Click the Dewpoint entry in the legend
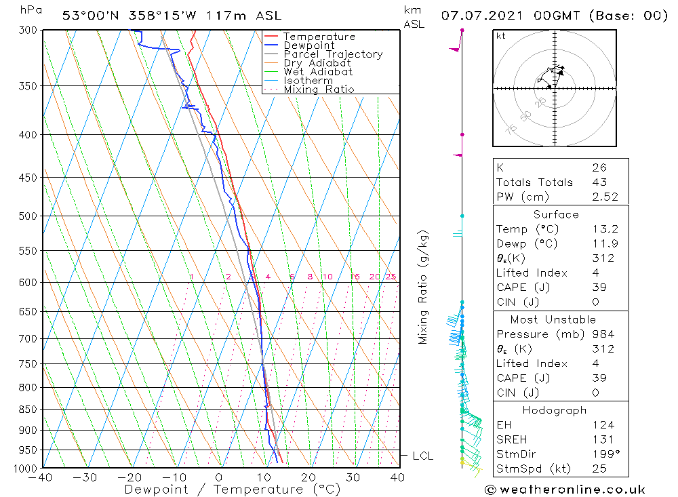[x=308, y=45]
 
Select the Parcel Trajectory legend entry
[x=333, y=54]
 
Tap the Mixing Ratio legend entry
[x=319, y=89]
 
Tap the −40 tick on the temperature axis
[x=41, y=477]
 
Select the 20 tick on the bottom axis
[x=309, y=477]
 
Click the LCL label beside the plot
[x=422, y=456]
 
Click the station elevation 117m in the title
[x=209, y=15]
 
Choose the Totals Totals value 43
[x=599, y=182]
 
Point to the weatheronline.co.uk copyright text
[x=564, y=490]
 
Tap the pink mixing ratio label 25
[x=391, y=277]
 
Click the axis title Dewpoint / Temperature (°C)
[x=232, y=490]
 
